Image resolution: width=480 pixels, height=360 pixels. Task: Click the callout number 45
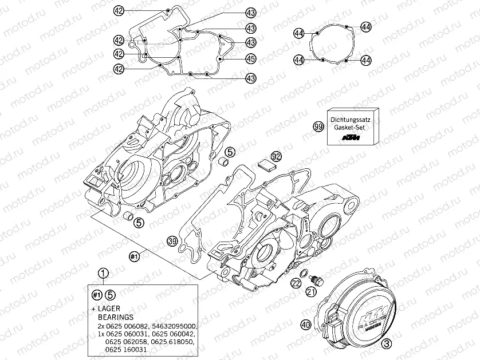[x=250, y=58]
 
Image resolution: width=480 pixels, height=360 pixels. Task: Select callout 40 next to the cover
[x=305, y=325]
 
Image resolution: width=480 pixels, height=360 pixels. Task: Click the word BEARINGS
[x=115, y=317]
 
